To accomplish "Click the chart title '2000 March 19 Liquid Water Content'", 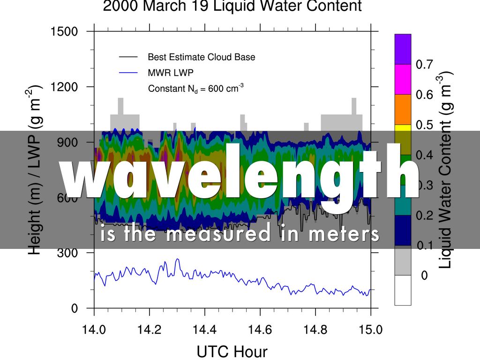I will (x=232, y=7).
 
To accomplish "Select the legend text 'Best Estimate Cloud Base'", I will (x=202, y=57).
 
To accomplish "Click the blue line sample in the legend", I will (x=128, y=73).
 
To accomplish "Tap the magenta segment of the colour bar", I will (x=403, y=79).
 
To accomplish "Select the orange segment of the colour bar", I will (x=403, y=109).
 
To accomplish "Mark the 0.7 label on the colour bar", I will (x=424, y=65).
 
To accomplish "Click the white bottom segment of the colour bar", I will (x=403, y=290).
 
